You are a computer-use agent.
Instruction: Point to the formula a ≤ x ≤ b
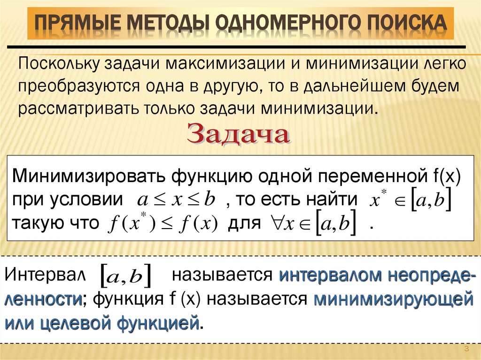176,199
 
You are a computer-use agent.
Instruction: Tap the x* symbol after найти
374,199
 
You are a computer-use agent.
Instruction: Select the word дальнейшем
357,86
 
